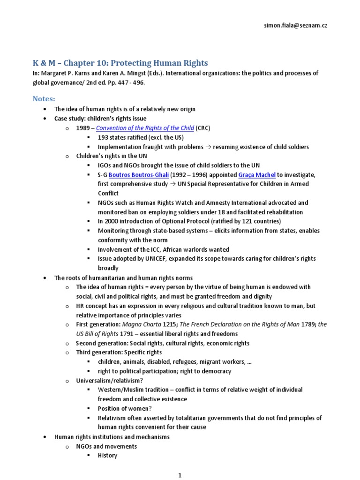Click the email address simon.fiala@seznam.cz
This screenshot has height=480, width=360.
(x=295, y=25)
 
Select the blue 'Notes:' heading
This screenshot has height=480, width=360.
(x=44, y=98)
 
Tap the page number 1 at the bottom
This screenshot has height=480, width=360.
(x=180, y=475)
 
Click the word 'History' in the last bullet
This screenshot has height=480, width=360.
(x=107, y=455)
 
